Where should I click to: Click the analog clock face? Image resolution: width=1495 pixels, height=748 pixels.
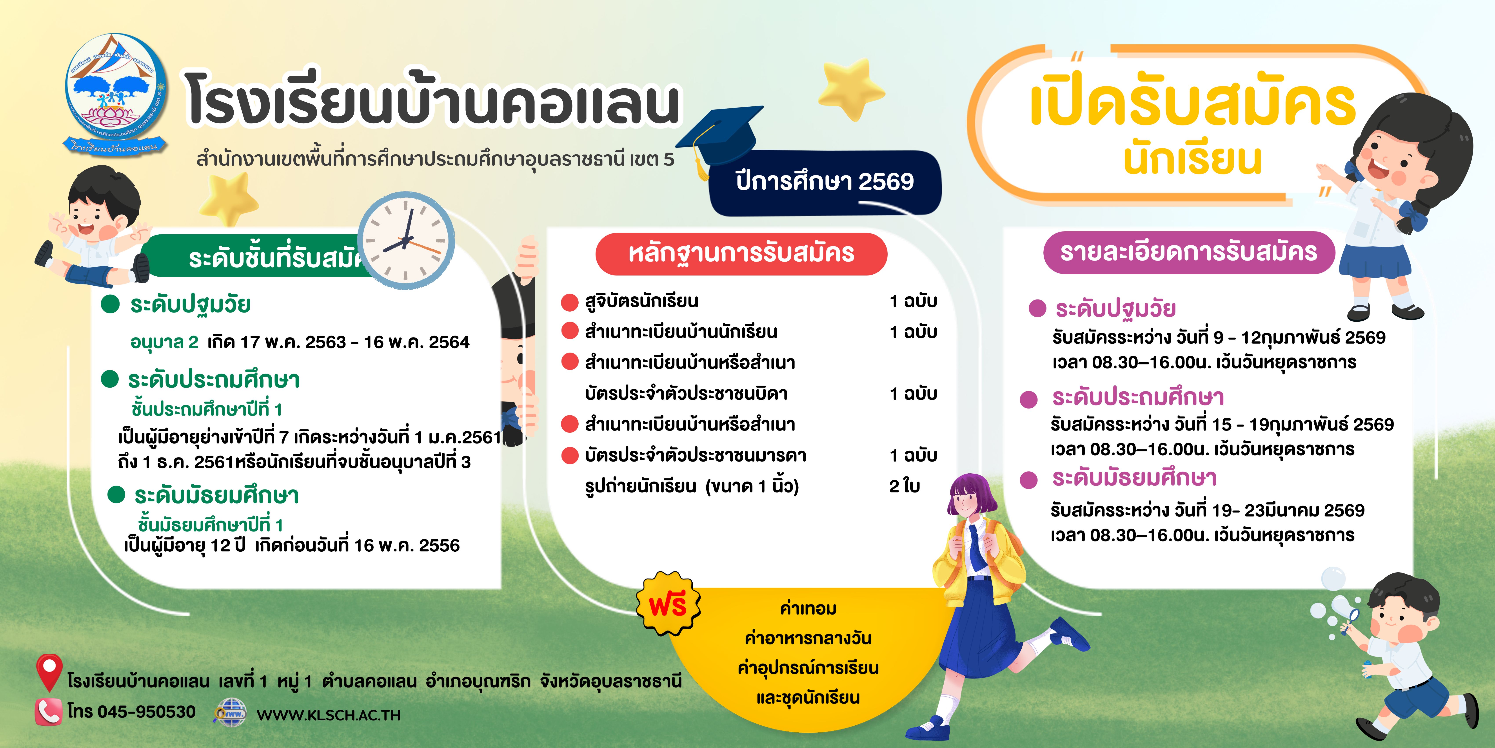click(x=406, y=240)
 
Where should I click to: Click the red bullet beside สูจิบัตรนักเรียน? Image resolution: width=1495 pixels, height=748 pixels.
click(x=570, y=302)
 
